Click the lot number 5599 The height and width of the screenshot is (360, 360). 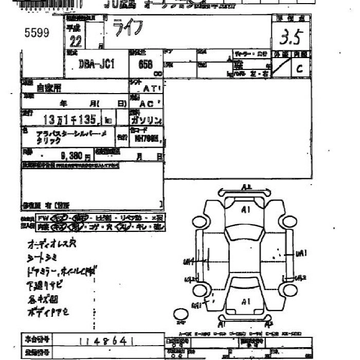point(37,33)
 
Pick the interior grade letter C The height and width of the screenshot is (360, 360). point(299,67)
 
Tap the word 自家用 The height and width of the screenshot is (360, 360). point(48,87)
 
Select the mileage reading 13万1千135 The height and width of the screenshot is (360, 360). point(70,120)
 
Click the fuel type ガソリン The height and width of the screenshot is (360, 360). point(147,121)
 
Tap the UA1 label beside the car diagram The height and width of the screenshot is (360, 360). point(301,253)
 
